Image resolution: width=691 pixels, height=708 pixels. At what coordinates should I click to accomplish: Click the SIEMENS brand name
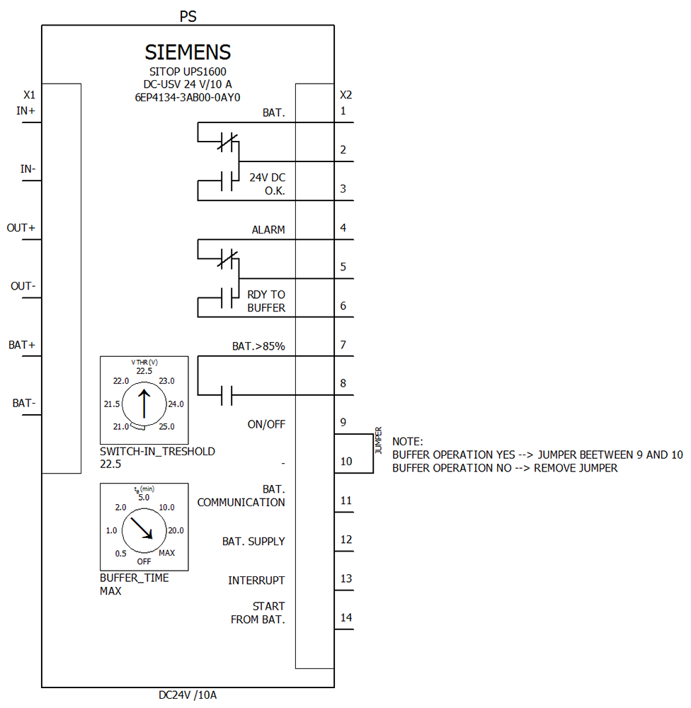pyautogui.click(x=188, y=52)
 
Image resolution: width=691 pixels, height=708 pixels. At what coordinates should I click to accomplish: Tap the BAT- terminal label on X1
pyautogui.click(x=24, y=404)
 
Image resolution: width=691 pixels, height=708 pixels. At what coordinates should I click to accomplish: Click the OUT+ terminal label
pyautogui.click(x=21, y=228)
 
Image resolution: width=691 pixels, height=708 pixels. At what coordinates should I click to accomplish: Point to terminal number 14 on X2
pyautogui.click(x=346, y=617)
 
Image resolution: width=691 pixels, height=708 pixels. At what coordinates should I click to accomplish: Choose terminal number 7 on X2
pyautogui.click(x=343, y=345)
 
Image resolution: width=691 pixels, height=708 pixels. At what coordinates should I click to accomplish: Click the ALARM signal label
pyautogui.click(x=268, y=230)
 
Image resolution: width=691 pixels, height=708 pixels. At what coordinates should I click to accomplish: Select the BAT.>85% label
pyautogui.click(x=258, y=347)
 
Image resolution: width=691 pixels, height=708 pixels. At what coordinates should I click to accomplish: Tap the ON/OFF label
pyautogui.click(x=265, y=425)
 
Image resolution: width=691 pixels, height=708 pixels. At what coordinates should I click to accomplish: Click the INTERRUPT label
pyautogui.click(x=256, y=581)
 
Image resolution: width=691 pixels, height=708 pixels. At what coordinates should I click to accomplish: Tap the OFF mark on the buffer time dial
pyautogui.click(x=144, y=561)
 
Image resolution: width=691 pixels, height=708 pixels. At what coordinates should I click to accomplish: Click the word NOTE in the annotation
pyautogui.click(x=407, y=442)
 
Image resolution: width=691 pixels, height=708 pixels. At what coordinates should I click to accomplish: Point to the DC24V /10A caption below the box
pyautogui.click(x=188, y=695)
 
